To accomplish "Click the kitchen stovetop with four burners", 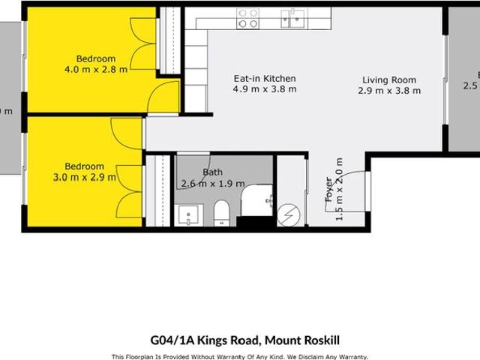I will click(x=248, y=18).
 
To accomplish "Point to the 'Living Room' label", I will click(x=389, y=80).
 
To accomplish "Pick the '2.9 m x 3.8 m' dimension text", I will click(x=389, y=91).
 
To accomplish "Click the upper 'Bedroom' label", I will click(x=96, y=58).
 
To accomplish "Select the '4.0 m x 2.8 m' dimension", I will click(x=96, y=69).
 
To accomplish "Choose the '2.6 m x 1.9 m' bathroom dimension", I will click(x=212, y=183).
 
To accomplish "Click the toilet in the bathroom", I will click(x=221, y=213).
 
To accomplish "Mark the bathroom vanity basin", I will click(x=187, y=214).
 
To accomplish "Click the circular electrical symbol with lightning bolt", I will click(x=289, y=216).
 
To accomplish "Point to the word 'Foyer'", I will click(x=328, y=190).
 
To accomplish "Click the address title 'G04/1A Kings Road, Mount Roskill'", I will click(x=240, y=340).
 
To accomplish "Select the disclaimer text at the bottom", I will click(x=240, y=356).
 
